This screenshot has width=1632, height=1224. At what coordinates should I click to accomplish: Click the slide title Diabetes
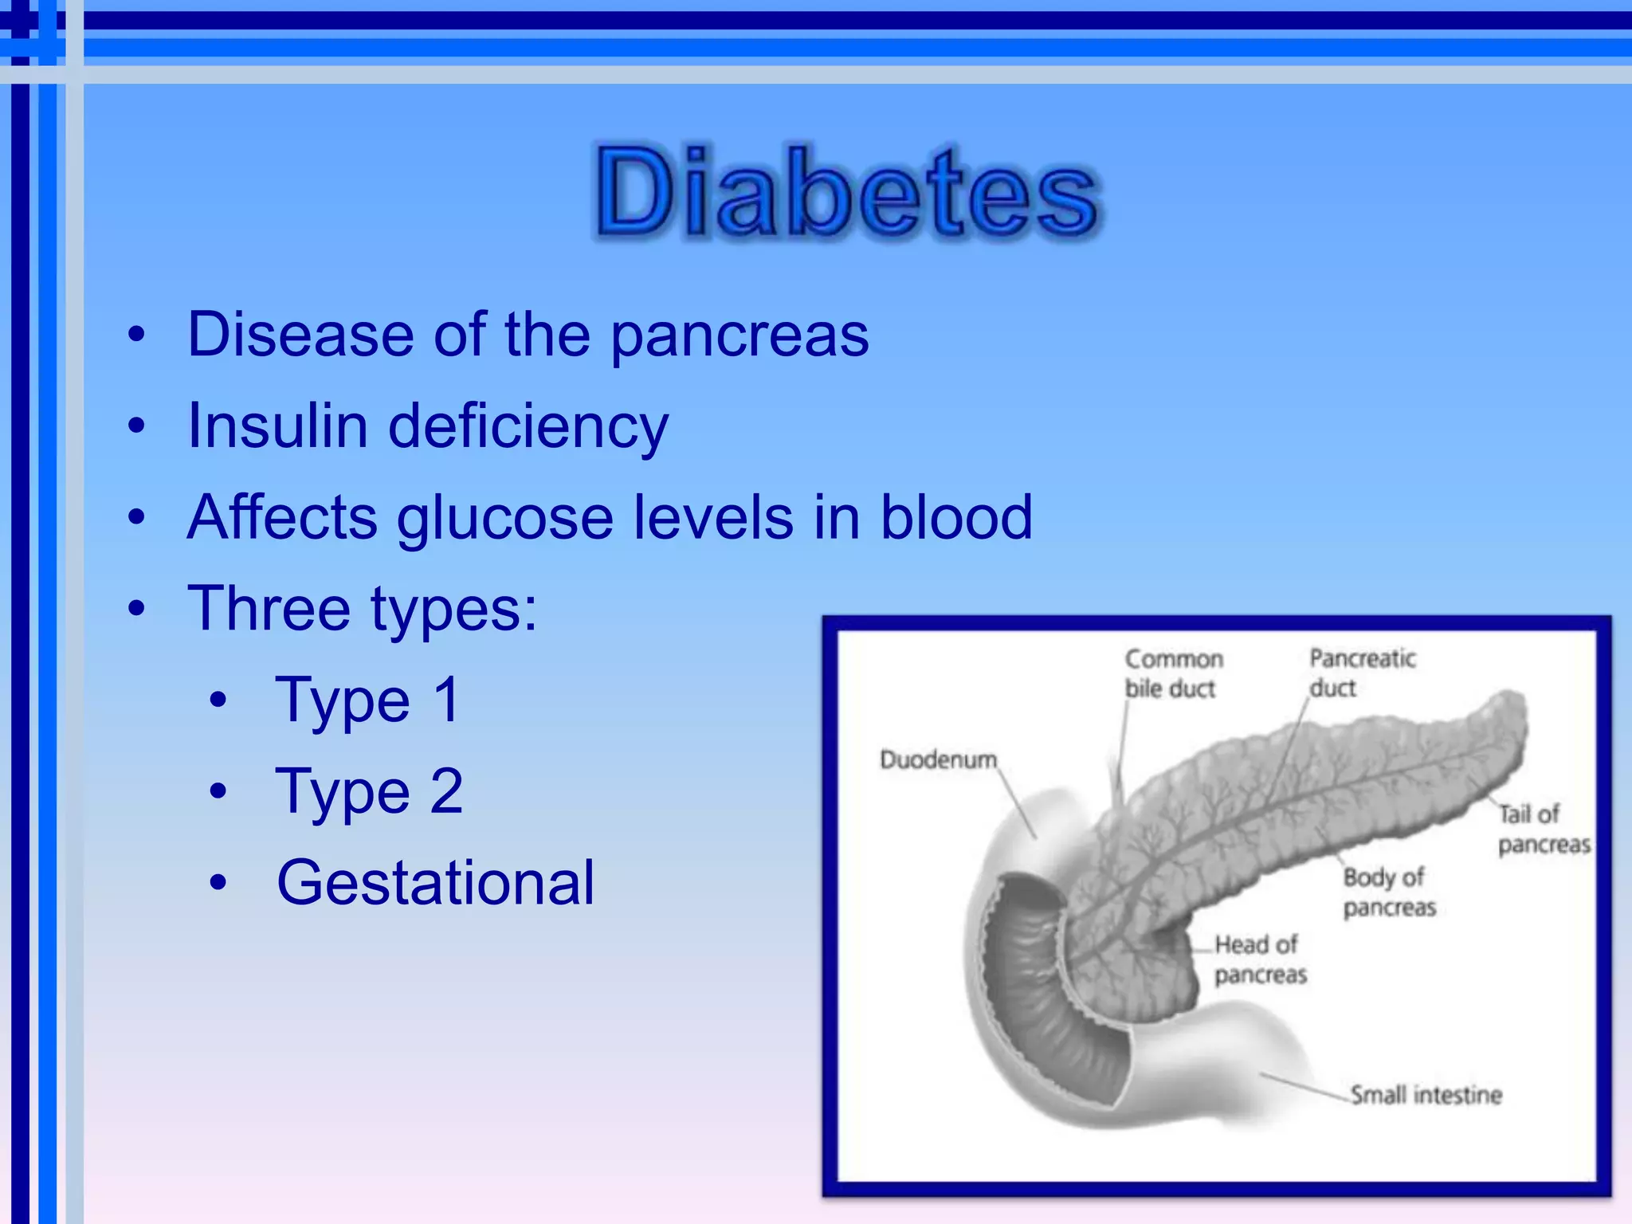point(846,194)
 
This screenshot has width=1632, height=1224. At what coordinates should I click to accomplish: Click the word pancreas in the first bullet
point(739,335)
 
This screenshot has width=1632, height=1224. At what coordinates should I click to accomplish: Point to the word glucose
point(505,519)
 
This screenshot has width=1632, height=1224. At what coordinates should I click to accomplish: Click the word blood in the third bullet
point(955,517)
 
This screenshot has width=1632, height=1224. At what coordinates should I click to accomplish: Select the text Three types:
point(363,610)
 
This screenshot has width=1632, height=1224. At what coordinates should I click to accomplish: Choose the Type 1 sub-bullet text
point(368,700)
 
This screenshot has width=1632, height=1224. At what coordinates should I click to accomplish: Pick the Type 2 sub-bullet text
point(369,792)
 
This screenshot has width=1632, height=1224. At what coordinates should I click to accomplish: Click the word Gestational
point(435,883)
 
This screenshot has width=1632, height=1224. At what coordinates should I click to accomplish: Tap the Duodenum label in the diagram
point(938,759)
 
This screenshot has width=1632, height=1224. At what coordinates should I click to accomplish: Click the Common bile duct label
point(1172,673)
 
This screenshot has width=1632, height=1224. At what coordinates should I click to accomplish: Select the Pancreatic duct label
point(1362,673)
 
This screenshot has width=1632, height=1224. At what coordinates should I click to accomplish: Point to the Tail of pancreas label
point(1543,829)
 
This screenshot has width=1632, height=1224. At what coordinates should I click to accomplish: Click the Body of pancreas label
point(1389,892)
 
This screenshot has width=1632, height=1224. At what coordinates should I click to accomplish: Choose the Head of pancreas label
point(1260,959)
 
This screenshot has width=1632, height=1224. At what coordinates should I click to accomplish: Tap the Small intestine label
point(1426,1095)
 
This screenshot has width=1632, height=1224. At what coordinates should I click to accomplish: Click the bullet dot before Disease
point(137,335)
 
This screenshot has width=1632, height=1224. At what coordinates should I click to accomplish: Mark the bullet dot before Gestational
point(218,884)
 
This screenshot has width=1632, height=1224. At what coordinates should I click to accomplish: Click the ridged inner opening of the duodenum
point(1044,996)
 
